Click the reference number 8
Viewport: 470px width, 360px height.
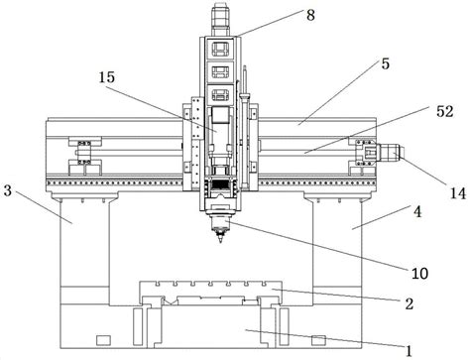click(x=310, y=15)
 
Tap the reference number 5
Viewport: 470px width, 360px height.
click(x=386, y=63)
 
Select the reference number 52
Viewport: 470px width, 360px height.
click(x=445, y=112)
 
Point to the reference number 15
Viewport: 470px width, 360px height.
click(x=107, y=77)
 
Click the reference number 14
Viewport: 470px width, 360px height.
click(x=458, y=193)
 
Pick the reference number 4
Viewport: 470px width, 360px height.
click(x=417, y=211)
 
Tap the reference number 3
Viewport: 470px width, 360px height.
click(x=8, y=190)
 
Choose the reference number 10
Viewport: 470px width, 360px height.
click(x=419, y=273)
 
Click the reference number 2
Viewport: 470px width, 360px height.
click(x=410, y=303)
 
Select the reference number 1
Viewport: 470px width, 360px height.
click(x=410, y=351)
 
